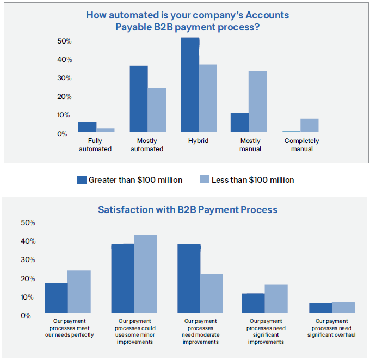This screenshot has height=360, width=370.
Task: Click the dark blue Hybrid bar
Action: coord(190,84)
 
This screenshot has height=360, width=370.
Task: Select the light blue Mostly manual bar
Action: coord(258,102)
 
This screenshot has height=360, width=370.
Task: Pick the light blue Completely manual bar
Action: coord(309,125)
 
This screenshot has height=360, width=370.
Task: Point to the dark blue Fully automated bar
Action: coord(87,127)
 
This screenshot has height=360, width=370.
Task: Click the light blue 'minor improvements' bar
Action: coord(146,274)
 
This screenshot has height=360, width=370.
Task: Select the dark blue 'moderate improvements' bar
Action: coord(189,278)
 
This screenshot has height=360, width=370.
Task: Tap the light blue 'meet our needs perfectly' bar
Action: coord(79,291)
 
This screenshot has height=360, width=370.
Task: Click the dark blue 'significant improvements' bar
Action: coord(253,303)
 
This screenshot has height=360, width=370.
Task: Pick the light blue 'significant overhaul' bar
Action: coord(343,308)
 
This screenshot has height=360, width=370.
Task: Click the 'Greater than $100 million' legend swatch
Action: coord(82,180)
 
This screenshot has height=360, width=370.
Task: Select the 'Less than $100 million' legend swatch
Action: coord(205,180)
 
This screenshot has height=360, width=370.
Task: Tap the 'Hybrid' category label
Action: coord(199,141)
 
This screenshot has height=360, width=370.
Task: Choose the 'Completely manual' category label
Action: coord(301,145)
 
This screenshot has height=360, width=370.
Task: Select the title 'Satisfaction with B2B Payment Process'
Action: coord(188,209)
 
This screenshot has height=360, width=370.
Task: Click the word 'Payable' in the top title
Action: coord(133,27)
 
